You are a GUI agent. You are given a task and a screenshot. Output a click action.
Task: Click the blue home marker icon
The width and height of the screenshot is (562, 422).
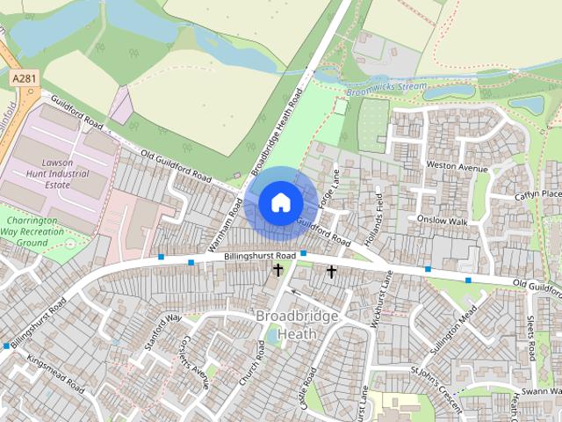click(x=279, y=202)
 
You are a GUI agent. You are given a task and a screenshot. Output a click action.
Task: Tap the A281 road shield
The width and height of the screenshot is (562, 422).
click(x=25, y=79)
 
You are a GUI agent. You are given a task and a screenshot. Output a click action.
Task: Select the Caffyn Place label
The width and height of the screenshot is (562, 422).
click(x=537, y=194)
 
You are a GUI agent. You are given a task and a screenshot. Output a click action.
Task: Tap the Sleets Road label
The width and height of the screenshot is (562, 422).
click(x=530, y=338)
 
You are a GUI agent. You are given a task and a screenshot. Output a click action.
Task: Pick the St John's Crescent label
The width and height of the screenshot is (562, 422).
click(x=436, y=389)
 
